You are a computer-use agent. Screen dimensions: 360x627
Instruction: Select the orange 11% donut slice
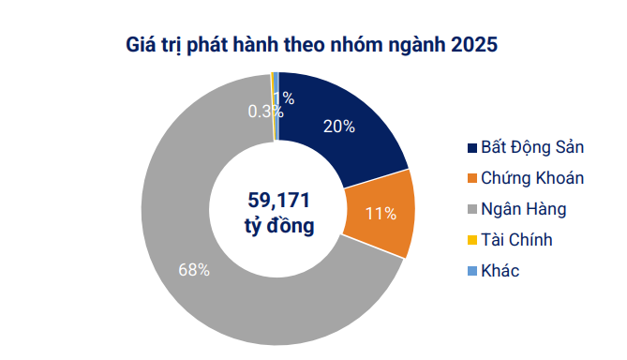(x=380, y=214)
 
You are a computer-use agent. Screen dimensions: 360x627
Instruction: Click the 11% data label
(x=381, y=214)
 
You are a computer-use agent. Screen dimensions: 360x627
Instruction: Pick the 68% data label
(x=193, y=271)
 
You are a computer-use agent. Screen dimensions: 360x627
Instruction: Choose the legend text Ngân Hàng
(x=524, y=208)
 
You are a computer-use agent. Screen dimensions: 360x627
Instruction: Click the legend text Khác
(x=500, y=270)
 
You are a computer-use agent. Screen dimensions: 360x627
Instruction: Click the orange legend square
(x=471, y=179)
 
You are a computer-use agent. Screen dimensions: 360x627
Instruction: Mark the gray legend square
(x=471, y=209)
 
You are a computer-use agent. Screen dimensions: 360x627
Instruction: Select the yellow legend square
(x=471, y=240)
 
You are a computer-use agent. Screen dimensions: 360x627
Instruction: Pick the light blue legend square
(x=471, y=271)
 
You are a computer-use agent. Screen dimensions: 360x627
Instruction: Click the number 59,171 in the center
(x=278, y=200)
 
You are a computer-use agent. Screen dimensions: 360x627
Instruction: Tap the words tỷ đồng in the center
(x=278, y=226)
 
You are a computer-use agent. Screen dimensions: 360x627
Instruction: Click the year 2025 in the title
(x=472, y=44)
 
